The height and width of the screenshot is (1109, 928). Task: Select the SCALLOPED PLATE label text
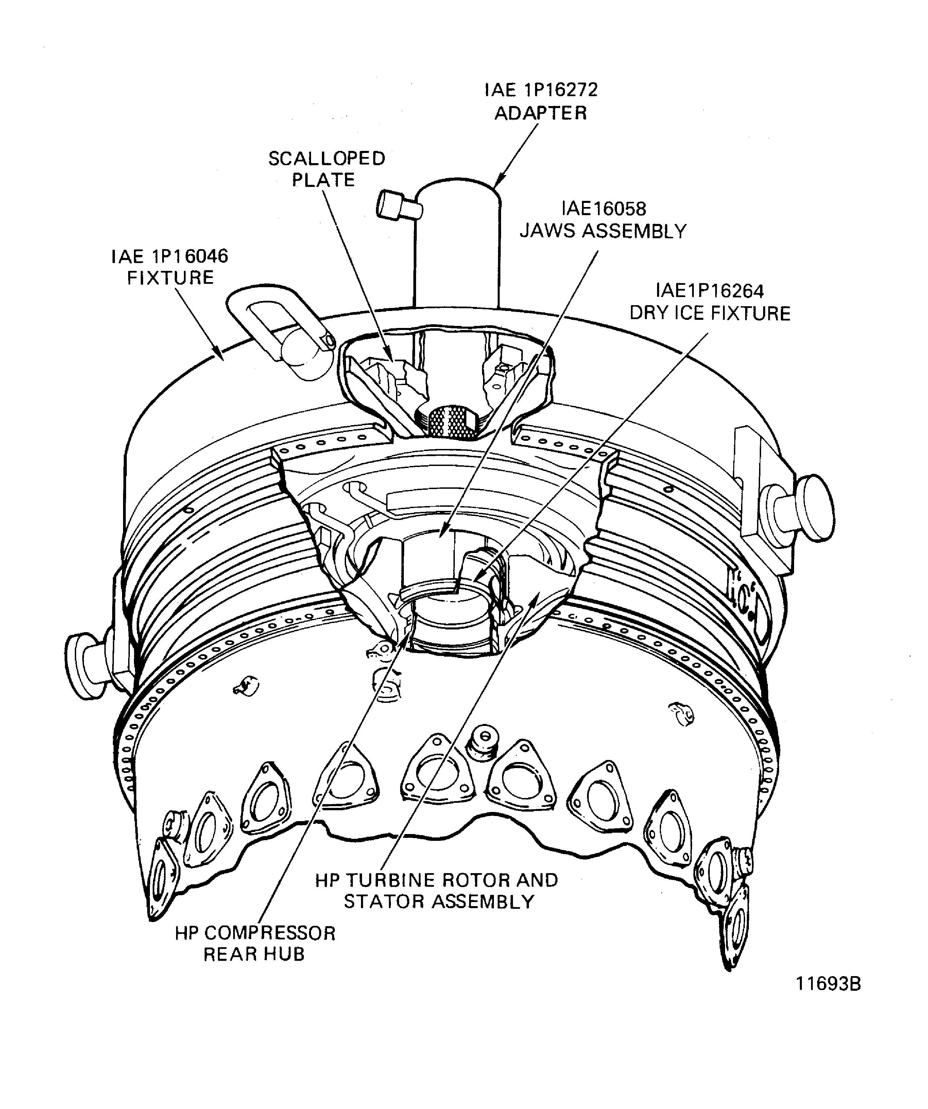point(326,169)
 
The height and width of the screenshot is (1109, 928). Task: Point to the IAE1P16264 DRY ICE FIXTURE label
point(709,302)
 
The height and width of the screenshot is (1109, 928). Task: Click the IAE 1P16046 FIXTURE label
point(170,267)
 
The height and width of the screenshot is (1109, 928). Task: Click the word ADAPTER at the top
point(540,113)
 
